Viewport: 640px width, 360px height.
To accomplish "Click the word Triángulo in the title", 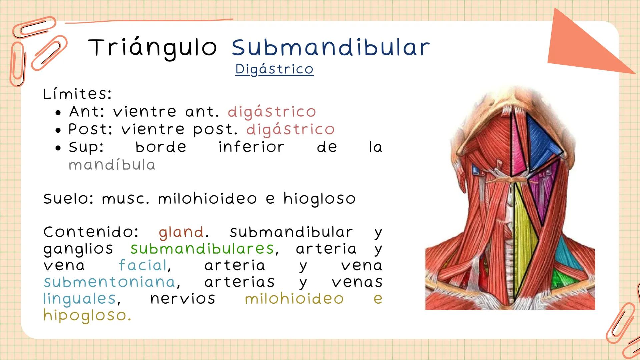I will click(153, 48).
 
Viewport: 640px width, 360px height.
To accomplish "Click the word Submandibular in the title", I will click(331, 48).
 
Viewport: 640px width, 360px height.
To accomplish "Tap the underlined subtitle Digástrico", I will click(274, 69).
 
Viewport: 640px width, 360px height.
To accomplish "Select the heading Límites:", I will click(77, 94).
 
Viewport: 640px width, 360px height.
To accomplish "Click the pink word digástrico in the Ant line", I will click(271, 112).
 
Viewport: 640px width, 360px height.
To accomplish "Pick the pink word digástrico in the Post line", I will click(290, 129).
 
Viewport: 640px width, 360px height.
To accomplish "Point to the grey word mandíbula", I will click(112, 165).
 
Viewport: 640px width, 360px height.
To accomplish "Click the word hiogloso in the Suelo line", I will click(319, 199).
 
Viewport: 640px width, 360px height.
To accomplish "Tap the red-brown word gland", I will click(181, 232).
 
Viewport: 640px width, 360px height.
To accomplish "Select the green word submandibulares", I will click(202, 249).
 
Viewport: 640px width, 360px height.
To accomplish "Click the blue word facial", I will click(143, 265).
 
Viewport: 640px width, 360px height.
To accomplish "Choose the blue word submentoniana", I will click(109, 282).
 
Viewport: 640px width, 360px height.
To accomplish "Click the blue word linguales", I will click(79, 298).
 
